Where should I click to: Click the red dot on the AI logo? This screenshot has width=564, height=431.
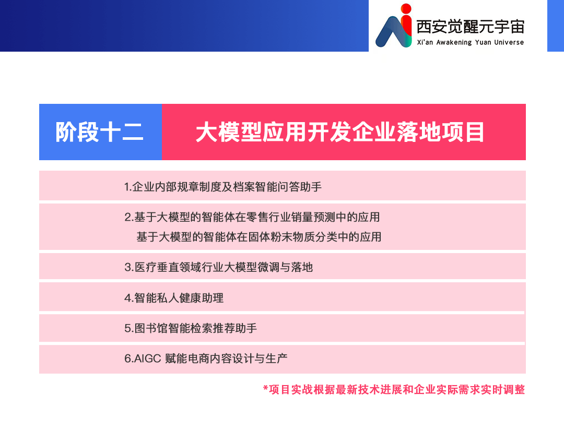point(406,8)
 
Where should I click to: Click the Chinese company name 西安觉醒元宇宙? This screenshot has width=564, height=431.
point(470,27)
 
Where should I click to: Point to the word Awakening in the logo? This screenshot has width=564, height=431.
point(454,42)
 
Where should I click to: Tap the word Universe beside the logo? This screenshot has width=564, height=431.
point(509,42)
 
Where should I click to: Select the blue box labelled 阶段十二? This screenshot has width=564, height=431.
point(100,132)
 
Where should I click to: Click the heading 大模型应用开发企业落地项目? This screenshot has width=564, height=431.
point(340,132)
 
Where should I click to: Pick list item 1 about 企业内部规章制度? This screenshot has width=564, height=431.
point(222,187)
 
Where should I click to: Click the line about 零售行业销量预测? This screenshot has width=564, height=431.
point(252,217)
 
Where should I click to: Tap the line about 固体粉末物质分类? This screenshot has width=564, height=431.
point(258,237)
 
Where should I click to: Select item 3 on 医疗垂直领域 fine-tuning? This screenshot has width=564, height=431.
point(219,267)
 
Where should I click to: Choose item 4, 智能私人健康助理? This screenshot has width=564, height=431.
point(174,298)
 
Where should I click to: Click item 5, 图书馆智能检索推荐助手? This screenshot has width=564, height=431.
point(191,328)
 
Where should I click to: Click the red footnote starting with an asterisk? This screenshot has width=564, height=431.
point(394,390)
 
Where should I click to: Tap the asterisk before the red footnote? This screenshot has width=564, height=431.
point(265,388)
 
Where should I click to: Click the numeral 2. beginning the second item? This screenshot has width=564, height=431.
point(129,218)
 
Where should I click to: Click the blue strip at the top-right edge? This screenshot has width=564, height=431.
point(556,26)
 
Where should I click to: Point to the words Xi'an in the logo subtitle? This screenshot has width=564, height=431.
point(425,42)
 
